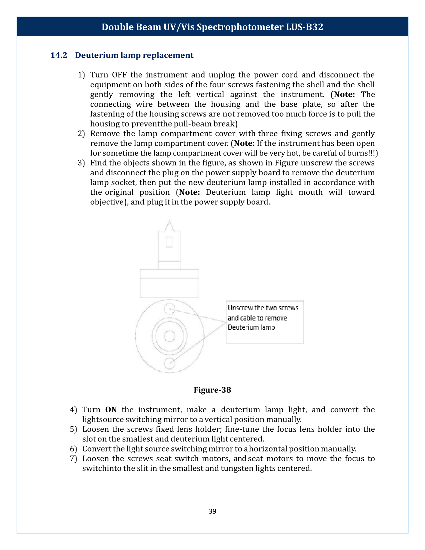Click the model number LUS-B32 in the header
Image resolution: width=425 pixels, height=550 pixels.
point(304,27)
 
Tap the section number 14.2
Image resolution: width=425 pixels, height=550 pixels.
point(59,55)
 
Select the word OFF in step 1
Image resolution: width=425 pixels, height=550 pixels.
point(119,75)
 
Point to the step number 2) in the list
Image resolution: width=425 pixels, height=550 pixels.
point(81,133)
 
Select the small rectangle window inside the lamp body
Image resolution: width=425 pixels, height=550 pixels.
point(169,242)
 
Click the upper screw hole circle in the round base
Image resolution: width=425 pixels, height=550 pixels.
point(169,309)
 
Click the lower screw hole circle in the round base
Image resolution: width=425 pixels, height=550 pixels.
point(169,363)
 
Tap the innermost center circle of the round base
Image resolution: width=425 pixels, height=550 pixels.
point(169,336)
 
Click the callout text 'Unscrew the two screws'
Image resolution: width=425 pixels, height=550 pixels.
point(263,308)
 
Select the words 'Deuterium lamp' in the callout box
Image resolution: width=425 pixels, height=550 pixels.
point(251,327)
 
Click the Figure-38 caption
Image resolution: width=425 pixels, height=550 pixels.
point(212,390)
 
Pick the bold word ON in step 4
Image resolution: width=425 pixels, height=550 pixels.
point(111,409)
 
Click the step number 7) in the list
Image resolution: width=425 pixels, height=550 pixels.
point(73,458)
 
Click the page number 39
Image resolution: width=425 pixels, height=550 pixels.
point(212,511)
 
